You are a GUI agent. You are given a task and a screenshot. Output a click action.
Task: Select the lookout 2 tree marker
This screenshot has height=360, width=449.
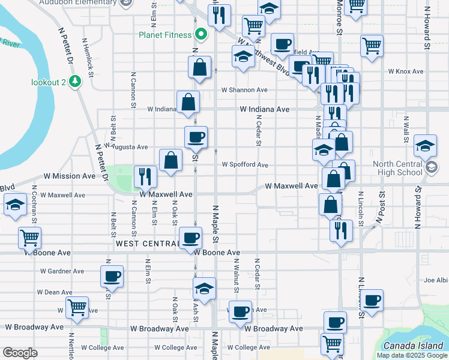(76, 81)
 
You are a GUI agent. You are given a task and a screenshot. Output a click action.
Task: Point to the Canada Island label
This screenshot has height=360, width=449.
(413, 345)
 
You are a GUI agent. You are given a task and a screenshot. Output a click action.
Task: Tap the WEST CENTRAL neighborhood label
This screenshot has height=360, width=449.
(147, 244)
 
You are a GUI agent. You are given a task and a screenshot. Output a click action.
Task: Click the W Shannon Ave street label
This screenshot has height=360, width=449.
(244, 90)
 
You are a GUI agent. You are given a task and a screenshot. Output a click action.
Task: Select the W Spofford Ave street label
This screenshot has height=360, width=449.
(245, 164)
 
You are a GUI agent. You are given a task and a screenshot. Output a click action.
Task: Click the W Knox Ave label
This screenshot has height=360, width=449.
(406, 71)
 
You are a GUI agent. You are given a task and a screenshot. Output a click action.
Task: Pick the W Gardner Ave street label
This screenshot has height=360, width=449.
(62, 271)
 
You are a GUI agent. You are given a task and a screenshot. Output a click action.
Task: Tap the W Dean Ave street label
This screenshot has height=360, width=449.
(55, 292)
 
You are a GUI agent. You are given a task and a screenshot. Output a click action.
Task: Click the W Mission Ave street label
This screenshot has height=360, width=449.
(70, 176)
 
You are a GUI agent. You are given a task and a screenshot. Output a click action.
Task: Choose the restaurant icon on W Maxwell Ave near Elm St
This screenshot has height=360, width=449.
(145, 176)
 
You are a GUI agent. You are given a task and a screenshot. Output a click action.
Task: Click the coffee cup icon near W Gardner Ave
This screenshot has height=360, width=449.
(112, 277)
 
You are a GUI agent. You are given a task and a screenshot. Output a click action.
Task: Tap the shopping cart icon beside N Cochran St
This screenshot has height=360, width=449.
(29, 238)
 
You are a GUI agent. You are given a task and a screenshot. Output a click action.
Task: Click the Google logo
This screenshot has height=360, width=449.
(20, 353)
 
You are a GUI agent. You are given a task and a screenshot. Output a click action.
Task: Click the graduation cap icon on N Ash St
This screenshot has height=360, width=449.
(204, 289)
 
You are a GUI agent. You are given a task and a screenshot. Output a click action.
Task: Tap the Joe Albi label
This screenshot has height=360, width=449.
(436, 280)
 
